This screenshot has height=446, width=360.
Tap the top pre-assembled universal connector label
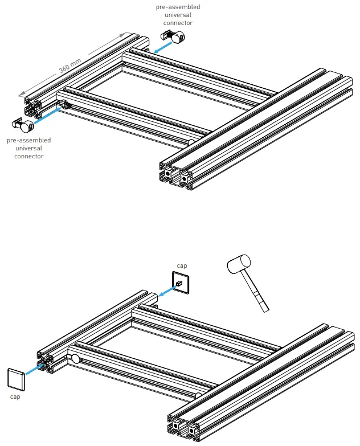[x=178, y=15]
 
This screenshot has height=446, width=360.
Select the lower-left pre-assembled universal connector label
[x=28, y=148]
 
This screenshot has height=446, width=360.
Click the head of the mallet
[x=239, y=264]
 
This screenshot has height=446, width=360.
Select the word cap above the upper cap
[x=182, y=265]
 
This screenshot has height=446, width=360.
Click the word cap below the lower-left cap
[x=15, y=396]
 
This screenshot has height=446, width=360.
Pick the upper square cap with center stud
[x=181, y=283]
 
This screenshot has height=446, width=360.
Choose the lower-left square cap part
[x=16, y=378]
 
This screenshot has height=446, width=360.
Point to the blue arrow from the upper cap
[x=166, y=292]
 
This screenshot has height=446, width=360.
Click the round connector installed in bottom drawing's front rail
[x=76, y=359]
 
